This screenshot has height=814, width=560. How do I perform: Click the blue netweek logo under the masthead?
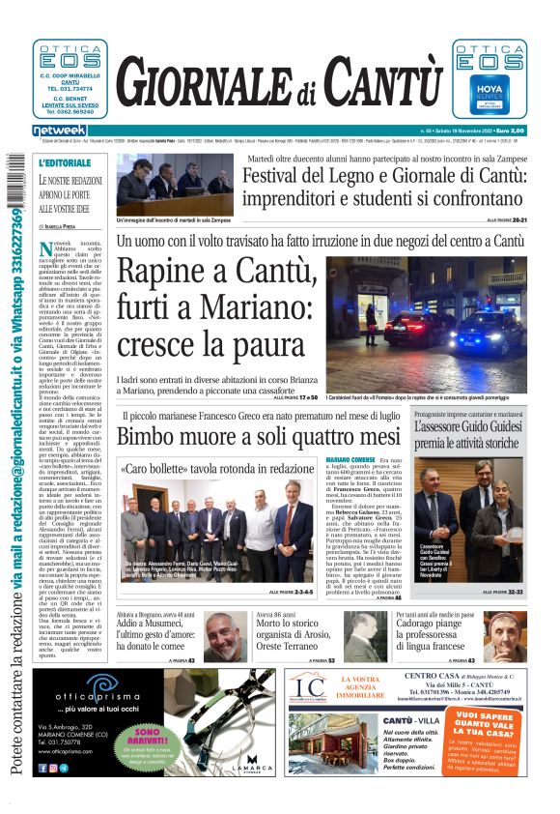pos(60,130)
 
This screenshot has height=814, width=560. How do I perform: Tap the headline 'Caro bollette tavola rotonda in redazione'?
pos(216,468)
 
